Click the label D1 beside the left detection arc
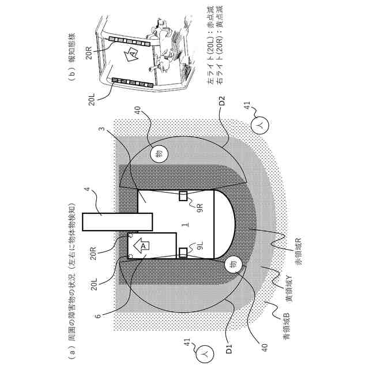pyautogui.click(x=229, y=348)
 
